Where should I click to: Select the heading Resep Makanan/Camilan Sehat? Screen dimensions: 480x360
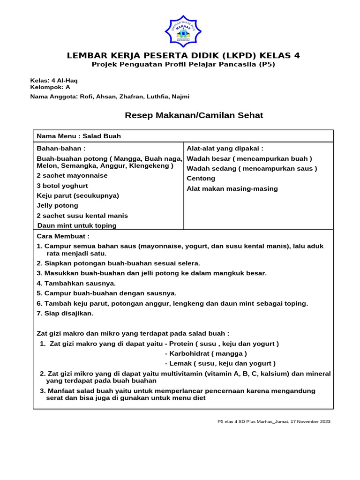(x=194, y=115)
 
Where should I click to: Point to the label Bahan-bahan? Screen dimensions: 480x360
(x=61, y=149)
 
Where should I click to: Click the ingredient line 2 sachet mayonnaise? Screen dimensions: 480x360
(x=72, y=176)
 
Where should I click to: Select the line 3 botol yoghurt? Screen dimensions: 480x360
(x=62, y=186)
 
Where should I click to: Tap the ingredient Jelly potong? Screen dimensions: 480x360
(x=57, y=206)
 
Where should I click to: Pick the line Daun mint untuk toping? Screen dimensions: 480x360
(x=77, y=225)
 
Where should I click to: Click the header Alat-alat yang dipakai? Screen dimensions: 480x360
(x=225, y=149)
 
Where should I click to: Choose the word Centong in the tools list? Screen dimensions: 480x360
(x=201, y=179)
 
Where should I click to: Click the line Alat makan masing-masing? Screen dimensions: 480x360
(x=232, y=189)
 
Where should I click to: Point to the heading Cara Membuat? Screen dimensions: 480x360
(x=63, y=236)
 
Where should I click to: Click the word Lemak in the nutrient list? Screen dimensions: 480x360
(x=179, y=363)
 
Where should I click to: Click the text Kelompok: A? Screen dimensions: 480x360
(x=50, y=87)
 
